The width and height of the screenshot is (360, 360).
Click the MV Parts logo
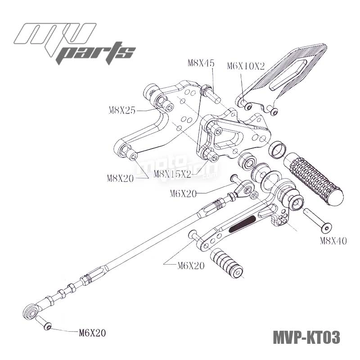(x=74, y=43)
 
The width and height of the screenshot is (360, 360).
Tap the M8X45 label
(x=201, y=63)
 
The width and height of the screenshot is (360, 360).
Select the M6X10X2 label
(x=246, y=66)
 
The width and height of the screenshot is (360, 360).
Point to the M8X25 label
(x=122, y=110)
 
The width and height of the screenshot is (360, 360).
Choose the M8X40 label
(x=333, y=241)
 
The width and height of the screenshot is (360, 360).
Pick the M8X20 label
(x=120, y=178)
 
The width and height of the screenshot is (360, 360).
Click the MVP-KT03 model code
(x=306, y=337)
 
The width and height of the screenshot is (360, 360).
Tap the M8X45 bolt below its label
(x=209, y=92)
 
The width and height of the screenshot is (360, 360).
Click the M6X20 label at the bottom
(x=92, y=333)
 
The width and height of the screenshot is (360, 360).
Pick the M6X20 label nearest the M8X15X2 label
(x=184, y=193)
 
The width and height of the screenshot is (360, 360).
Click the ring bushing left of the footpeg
(x=277, y=149)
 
